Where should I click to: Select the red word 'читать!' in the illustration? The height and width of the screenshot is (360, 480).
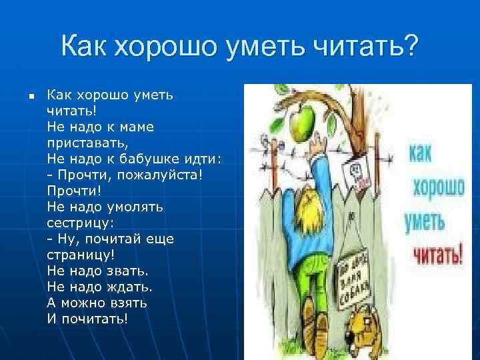click(x=437, y=254)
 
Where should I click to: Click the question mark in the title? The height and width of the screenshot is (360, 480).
click(x=411, y=47)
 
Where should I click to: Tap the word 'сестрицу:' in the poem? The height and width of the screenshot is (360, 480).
click(x=81, y=222)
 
